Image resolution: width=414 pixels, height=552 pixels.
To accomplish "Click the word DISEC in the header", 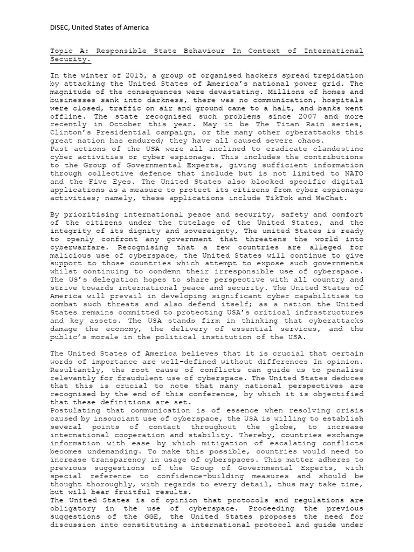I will click(x=60, y=27).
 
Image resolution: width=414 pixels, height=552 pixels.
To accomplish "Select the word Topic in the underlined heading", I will click(x=61, y=51).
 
